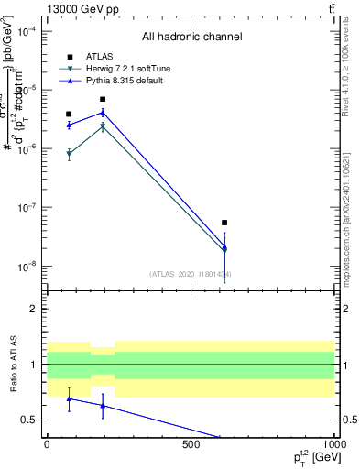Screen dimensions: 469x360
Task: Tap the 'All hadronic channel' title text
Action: pyautogui.click(x=191, y=37)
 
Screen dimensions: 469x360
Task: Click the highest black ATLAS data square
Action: pyautogui.click(x=103, y=99)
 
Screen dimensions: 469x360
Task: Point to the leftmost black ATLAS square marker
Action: pyautogui.click(x=69, y=114)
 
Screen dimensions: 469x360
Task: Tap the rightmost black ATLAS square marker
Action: pyautogui.click(x=224, y=223)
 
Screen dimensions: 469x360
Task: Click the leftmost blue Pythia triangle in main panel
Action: pyautogui.click(x=69, y=125)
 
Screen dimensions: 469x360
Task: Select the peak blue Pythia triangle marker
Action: pyautogui.click(x=103, y=113)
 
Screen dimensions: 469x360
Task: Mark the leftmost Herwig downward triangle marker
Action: pyautogui.click(x=69, y=155)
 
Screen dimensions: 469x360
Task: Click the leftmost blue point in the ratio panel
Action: pyautogui.click(x=69, y=398)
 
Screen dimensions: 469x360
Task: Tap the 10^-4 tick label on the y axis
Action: pyautogui.click(x=27, y=31)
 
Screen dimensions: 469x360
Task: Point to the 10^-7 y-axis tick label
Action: pyautogui.click(x=27, y=208)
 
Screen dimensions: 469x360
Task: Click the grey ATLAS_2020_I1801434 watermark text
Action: pyautogui.click(x=191, y=274)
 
